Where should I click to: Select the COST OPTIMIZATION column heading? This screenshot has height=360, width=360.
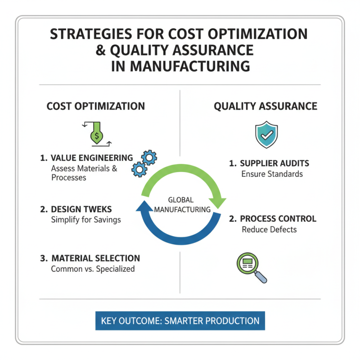96,106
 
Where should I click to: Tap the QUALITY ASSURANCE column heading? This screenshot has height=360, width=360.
265,106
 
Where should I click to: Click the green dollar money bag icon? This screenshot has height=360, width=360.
96,134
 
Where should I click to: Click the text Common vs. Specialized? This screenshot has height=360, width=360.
93,269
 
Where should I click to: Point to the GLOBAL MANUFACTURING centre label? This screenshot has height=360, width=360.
182,205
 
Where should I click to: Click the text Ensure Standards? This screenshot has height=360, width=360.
272,174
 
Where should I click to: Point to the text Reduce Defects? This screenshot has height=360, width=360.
269,229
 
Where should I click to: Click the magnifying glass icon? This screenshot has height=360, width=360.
251,268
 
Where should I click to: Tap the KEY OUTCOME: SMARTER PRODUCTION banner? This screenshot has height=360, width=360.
180,321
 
